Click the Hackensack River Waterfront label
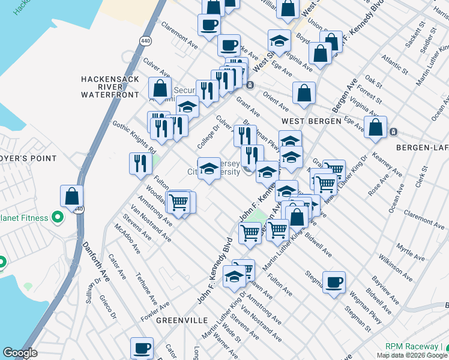110,87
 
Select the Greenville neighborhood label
181,320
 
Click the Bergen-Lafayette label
422,147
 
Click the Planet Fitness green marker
58,217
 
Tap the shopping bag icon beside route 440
72,196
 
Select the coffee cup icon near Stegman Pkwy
334,282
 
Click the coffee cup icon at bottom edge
143,348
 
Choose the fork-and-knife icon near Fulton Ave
140,164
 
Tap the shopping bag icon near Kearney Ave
376,128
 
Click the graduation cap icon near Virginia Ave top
279,41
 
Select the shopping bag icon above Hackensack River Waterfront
160,88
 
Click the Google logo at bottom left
19,353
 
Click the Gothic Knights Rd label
134,137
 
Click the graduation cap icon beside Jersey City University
209,169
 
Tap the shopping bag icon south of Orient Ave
304,93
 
